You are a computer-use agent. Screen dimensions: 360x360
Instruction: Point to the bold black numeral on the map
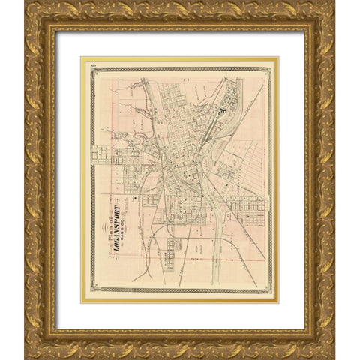[223, 110]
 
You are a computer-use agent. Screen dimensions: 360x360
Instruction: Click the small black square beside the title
[136, 198]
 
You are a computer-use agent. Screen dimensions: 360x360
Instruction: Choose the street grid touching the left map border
[101, 154]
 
